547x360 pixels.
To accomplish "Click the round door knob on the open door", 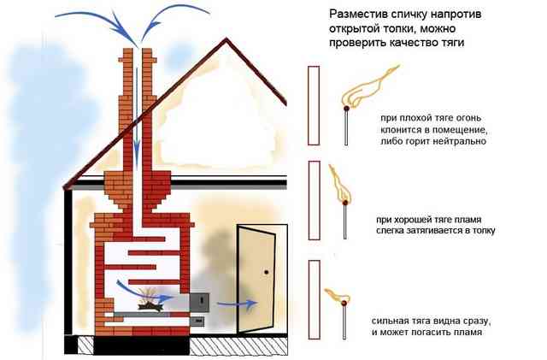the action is pos(267,272).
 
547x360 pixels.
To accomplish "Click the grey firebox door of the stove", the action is pos(199,303).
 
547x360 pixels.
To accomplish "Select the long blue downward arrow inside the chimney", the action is pos(137,119).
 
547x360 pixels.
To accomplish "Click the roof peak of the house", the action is pos(226,38).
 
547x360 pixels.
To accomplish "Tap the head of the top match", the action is pos(346,109).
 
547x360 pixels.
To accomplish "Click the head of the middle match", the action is pos(345,202).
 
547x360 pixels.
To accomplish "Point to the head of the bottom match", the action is pos(344,303).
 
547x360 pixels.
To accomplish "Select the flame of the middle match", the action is pos(339,184).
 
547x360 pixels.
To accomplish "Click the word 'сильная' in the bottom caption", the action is pos(390,321).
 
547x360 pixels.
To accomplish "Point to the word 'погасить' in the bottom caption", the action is pos(432,332).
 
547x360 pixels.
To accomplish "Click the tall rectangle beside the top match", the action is pos(314,105).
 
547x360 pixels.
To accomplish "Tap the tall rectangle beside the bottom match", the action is pos(315,299).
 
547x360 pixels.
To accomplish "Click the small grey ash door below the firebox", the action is pos(197,319).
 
